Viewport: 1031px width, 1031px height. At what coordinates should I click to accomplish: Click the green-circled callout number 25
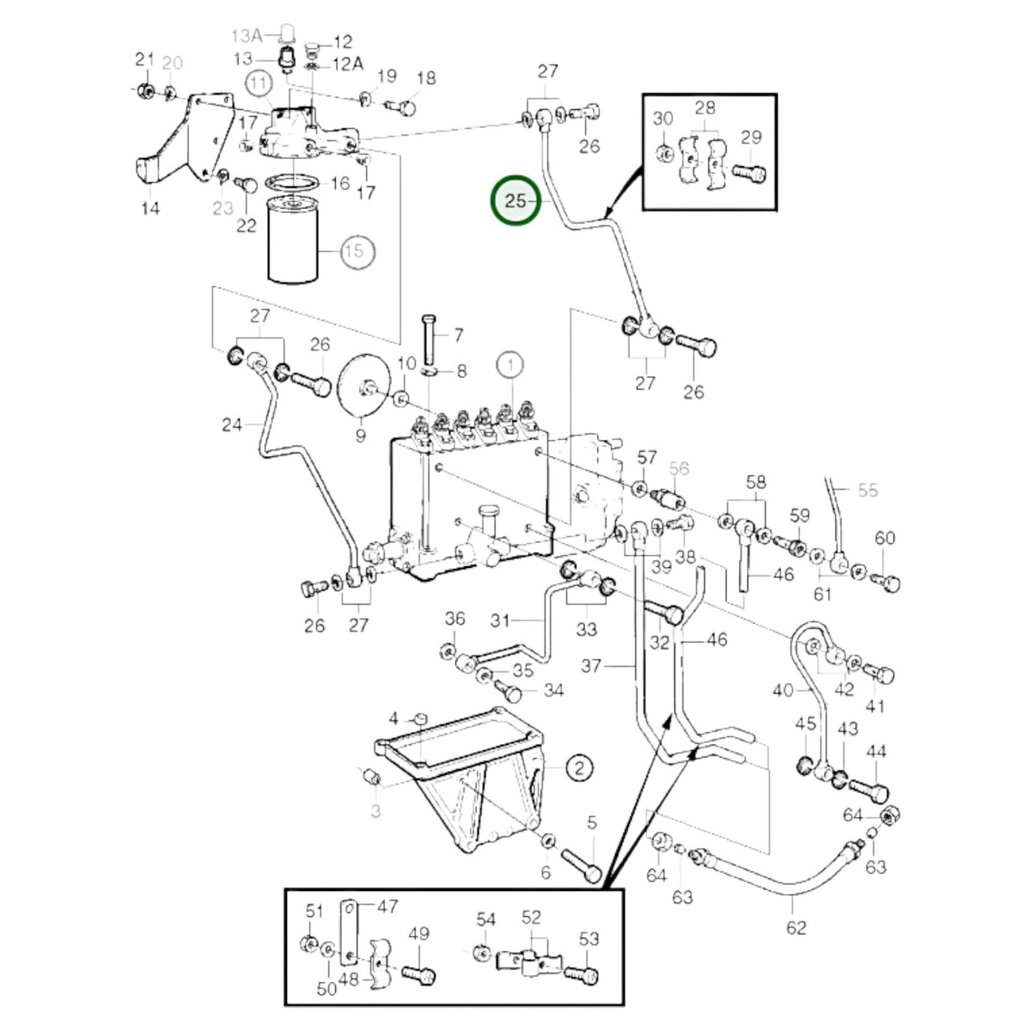coord(515,201)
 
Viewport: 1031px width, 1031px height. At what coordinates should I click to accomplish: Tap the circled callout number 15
coord(354,251)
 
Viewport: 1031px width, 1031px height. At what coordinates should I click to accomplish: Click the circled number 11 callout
coord(259,83)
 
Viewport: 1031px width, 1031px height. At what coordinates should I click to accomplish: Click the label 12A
coord(348,64)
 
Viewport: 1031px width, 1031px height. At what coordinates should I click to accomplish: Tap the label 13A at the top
coord(247,36)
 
